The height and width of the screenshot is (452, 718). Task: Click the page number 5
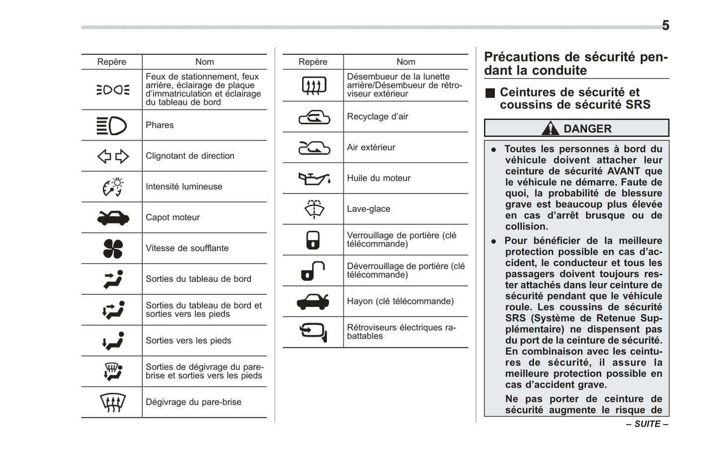665,25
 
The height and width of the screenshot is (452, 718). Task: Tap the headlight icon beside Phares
112,126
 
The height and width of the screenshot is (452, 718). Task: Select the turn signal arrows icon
113,157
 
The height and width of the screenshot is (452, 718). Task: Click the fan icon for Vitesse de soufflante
113,249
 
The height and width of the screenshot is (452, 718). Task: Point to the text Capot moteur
172,217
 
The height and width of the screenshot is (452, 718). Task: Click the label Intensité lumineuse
183,186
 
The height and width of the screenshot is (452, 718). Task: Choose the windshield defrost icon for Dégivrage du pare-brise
113,402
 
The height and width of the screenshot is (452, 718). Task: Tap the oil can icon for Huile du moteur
314,179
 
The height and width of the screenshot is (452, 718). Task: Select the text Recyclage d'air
377,116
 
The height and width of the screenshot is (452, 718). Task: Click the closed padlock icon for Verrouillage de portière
313,240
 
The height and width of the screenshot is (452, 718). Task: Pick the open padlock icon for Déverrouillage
313,271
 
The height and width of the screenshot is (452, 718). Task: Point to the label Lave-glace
368,209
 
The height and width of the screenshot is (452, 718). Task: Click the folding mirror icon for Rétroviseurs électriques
313,332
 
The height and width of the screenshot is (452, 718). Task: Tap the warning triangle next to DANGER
550,129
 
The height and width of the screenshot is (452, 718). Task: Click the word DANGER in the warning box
587,129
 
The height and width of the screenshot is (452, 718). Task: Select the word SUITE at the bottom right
647,424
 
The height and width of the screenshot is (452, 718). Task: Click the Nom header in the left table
204,62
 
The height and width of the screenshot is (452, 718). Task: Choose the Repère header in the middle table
313,62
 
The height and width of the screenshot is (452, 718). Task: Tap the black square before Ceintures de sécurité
490,93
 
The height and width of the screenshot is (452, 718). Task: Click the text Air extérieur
371,147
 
